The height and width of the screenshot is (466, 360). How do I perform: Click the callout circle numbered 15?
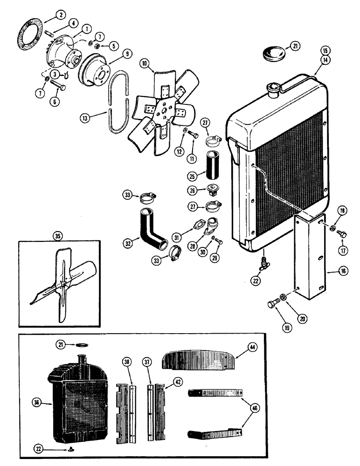(x=325, y=50)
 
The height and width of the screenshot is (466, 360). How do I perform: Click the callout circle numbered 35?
(x=58, y=236)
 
